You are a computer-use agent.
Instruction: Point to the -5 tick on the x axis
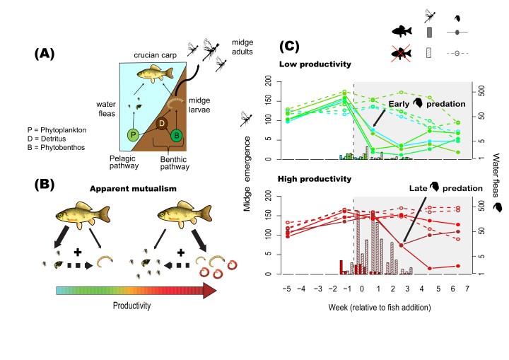[286, 289]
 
